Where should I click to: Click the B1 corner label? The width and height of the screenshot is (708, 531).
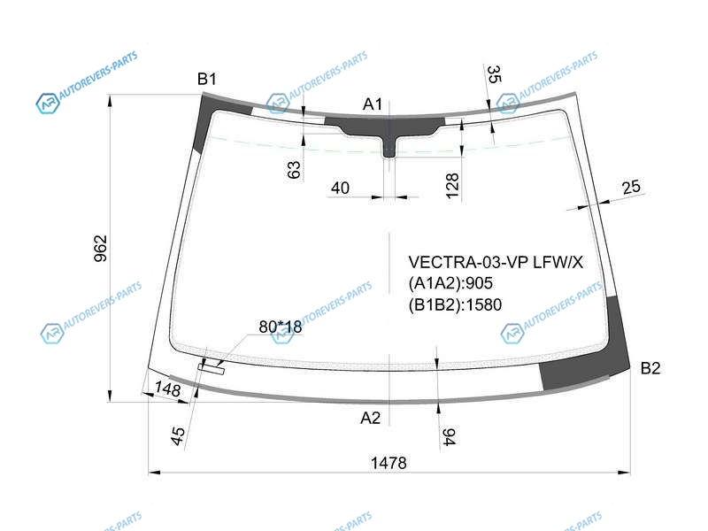207,79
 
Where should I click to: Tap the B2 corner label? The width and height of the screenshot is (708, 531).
650,368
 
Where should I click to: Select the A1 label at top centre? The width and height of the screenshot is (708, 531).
373,104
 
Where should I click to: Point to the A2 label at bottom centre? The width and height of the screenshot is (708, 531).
371,418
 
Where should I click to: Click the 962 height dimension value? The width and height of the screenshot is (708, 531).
101,249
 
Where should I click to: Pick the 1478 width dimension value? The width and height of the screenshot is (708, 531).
389,463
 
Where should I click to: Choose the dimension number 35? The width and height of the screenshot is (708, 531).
495,74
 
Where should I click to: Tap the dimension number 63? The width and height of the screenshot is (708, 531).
294,170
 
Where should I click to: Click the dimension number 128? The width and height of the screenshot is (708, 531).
452,186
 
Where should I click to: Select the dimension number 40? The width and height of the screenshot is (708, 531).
340,188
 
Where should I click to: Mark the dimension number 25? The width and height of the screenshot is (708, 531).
631,187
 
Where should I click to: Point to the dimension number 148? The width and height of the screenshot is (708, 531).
167,389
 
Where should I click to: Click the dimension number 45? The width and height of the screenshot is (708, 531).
179,436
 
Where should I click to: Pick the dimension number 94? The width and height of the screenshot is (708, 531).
449,437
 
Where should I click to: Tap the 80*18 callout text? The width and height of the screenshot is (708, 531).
281,327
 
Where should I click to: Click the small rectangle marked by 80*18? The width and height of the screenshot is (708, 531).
212,369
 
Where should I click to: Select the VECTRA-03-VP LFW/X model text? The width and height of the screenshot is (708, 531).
496,262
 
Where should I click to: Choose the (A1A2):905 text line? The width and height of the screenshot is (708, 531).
450,283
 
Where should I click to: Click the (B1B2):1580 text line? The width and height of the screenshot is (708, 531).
455,304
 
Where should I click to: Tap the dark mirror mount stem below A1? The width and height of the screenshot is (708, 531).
389,145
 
